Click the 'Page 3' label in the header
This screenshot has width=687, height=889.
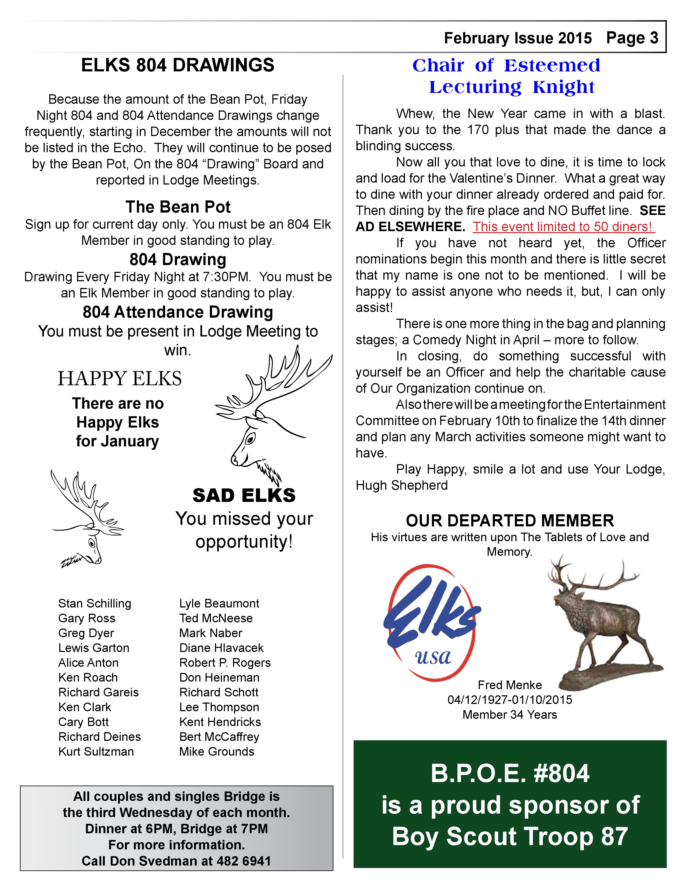[x=632, y=38]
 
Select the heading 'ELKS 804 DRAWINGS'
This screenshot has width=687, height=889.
[x=178, y=65]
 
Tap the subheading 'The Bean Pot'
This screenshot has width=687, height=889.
[x=178, y=207]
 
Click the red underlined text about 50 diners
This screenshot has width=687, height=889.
[x=563, y=227]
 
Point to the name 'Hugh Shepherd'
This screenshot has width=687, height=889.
[x=401, y=485]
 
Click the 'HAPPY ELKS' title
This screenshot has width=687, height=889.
[x=120, y=378]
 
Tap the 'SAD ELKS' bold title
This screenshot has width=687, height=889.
[x=244, y=495]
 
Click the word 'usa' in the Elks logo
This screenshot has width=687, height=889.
[x=433, y=657]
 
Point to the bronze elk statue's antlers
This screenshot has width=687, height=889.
[x=590, y=578]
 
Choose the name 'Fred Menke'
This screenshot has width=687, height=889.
[x=509, y=685]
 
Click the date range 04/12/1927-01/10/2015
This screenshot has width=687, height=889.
[x=509, y=700]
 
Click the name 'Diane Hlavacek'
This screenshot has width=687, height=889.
[x=221, y=648]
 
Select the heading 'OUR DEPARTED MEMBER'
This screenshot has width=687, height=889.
[x=509, y=521]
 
